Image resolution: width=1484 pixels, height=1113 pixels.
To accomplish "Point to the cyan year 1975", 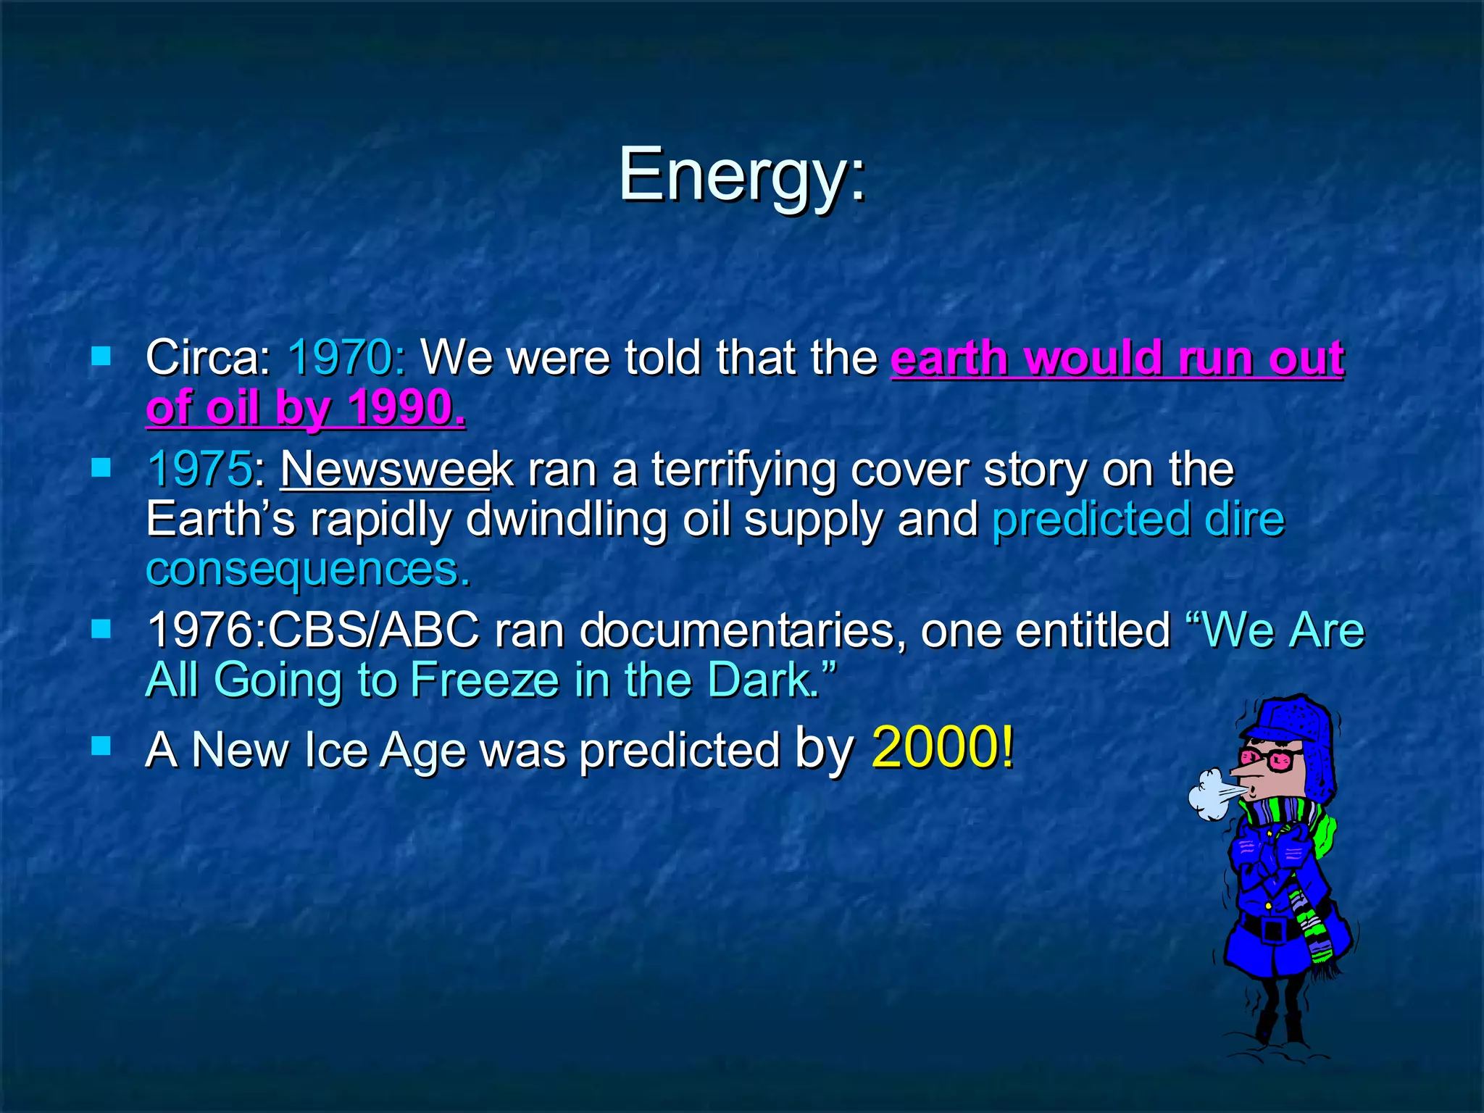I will pyautogui.click(x=200, y=470).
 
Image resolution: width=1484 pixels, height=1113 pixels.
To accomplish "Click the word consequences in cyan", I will pyautogui.click(x=308, y=569).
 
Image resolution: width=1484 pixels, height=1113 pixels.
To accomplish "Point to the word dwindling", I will pyautogui.click(x=566, y=520).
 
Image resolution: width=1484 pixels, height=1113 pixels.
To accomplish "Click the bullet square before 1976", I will pyautogui.click(x=101, y=628).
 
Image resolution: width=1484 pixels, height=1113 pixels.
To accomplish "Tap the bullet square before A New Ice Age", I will pyautogui.click(x=101, y=746).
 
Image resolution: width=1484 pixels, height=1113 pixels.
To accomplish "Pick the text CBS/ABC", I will pyautogui.click(x=374, y=630).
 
